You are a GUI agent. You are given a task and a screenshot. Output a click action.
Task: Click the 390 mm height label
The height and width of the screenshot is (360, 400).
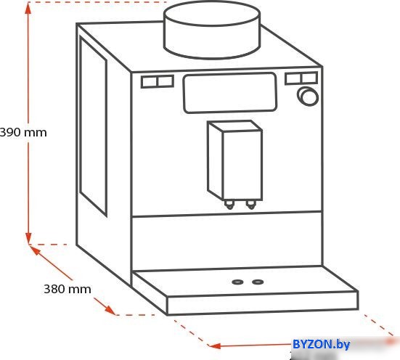click(23, 132)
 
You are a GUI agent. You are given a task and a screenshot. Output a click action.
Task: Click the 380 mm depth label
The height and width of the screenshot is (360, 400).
click(68, 289)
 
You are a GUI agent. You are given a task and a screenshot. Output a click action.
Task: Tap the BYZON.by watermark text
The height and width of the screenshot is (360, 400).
click(321, 345)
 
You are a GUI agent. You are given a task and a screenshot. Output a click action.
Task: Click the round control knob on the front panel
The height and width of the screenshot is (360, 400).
click(308, 97)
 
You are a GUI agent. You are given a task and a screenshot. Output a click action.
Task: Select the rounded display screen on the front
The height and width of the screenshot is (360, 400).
click(230, 93)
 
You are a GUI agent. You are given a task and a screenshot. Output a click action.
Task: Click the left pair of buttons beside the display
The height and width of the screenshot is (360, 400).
click(158, 81)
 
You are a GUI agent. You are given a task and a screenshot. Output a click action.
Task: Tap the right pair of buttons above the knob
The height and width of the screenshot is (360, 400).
click(301, 78)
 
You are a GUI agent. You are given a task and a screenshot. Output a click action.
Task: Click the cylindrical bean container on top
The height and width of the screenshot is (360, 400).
click(212, 30)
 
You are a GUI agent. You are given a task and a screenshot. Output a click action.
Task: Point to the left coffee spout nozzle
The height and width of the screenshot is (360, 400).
click(229, 205)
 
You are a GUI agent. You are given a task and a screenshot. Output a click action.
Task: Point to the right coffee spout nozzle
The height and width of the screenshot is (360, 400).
click(251, 205)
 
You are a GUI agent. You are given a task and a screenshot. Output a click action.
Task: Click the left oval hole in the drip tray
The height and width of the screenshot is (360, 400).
click(237, 282)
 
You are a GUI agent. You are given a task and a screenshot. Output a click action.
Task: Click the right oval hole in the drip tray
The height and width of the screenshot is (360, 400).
click(258, 282)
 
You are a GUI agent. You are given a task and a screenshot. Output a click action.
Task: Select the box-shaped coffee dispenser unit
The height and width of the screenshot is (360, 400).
click(235, 160)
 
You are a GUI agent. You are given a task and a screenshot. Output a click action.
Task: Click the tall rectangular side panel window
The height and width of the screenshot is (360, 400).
click(93, 126)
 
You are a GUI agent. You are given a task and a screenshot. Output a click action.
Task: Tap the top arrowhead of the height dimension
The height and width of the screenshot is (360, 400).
click(28, 8)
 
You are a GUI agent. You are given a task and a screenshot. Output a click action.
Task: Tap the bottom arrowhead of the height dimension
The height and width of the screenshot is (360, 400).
click(28, 238)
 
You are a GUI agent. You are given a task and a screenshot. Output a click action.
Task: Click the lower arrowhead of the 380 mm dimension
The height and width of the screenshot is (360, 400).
click(110, 310)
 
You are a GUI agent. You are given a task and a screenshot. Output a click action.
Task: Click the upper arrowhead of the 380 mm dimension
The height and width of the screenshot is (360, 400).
click(35, 250)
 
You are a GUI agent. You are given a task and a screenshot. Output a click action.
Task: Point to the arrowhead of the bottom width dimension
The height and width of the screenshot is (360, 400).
click(215, 346)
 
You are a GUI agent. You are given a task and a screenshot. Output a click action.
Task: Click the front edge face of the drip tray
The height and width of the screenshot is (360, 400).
click(263, 303)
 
